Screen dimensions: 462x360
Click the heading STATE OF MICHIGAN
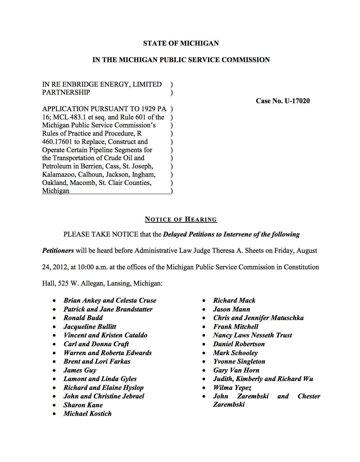click(x=181, y=43)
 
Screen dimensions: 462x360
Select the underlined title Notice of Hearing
click(x=181, y=219)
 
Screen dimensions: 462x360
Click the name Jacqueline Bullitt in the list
click(x=90, y=327)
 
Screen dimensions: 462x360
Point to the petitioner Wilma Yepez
click(x=232, y=388)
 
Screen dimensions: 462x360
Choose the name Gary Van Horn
click(x=236, y=370)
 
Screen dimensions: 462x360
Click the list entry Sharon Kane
click(x=83, y=405)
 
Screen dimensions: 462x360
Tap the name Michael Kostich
click(x=88, y=414)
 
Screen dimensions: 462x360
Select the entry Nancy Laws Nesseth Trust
click(x=252, y=335)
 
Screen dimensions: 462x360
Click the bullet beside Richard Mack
click(x=204, y=301)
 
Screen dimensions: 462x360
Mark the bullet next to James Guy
click(x=54, y=371)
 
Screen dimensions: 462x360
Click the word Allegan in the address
click(x=92, y=284)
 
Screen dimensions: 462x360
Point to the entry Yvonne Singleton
click(x=239, y=361)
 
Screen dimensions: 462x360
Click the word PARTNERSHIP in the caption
click(x=66, y=92)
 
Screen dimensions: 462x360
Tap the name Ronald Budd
click(x=83, y=318)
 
